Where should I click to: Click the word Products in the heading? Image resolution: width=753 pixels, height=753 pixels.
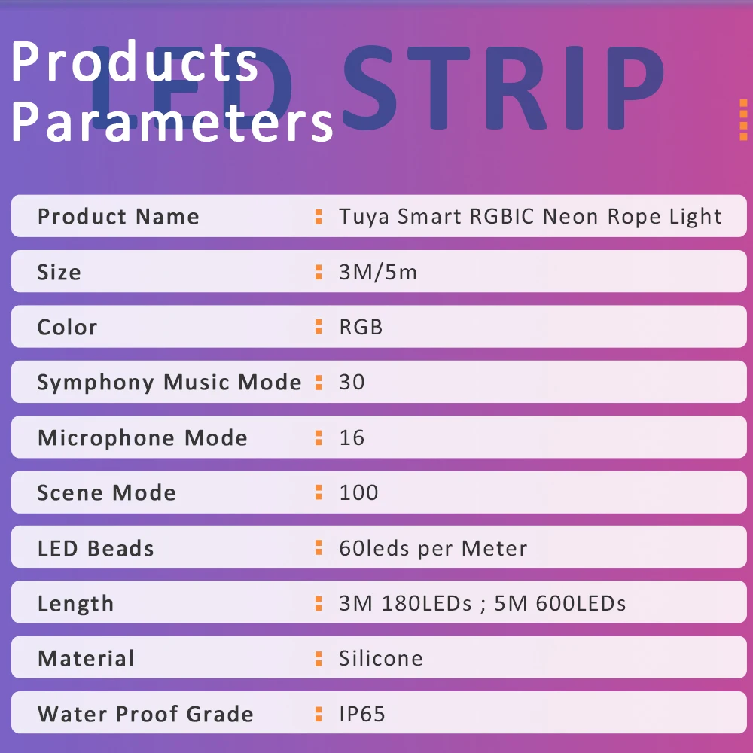pyautogui.click(x=135, y=61)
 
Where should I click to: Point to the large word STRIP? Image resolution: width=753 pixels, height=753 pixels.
pyautogui.click(x=503, y=88)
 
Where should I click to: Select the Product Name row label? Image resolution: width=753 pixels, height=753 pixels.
pyautogui.click(x=118, y=217)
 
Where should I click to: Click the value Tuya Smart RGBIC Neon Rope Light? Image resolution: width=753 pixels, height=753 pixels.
pyautogui.click(x=530, y=217)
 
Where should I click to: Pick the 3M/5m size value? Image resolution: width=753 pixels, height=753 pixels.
pyautogui.click(x=378, y=273)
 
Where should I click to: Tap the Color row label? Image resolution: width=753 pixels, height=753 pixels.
pyautogui.click(x=67, y=327)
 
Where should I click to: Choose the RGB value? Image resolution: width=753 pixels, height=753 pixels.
pyautogui.click(x=361, y=327)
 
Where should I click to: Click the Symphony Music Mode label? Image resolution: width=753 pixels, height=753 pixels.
pyautogui.click(x=169, y=383)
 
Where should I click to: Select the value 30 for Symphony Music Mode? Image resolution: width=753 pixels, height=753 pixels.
pyautogui.click(x=352, y=383)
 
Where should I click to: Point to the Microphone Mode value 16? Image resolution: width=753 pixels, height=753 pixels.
pyautogui.click(x=352, y=437)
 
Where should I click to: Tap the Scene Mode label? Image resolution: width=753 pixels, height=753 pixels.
pyautogui.click(x=107, y=492)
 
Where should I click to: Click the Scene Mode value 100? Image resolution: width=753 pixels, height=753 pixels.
pyautogui.click(x=358, y=492)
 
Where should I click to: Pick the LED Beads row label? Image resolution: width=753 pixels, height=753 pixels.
pyautogui.click(x=96, y=548)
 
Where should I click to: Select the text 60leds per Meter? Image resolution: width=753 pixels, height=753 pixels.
pyautogui.click(x=433, y=548)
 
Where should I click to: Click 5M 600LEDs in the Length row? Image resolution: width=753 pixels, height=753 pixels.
pyautogui.click(x=560, y=604)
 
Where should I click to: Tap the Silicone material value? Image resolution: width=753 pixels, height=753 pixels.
pyautogui.click(x=381, y=658)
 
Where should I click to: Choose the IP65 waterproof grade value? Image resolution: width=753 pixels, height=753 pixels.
pyautogui.click(x=362, y=714)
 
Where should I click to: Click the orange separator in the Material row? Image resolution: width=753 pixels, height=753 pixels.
pyautogui.click(x=319, y=659)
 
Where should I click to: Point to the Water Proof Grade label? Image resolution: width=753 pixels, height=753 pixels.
pyautogui.click(x=145, y=714)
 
